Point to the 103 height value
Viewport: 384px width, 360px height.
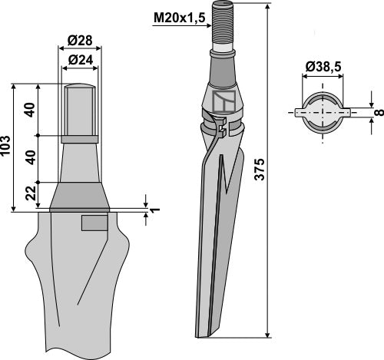click(7, 147)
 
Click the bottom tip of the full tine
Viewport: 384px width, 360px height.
click(206, 332)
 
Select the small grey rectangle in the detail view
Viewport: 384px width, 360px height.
click(95, 223)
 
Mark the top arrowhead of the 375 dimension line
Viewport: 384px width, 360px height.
click(266, 6)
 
